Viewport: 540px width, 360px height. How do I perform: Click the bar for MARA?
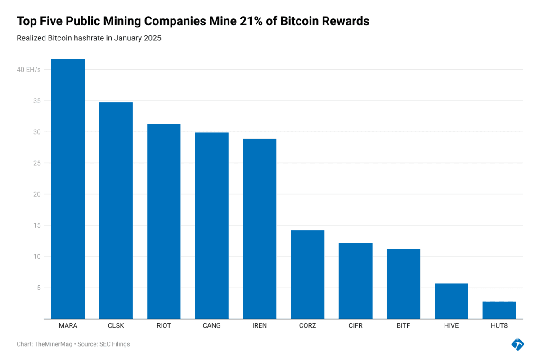point(68,189)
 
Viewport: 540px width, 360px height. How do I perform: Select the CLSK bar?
point(116,210)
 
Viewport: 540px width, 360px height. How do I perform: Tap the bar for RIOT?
point(164,221)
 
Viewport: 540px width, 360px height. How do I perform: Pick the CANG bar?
point(211,225)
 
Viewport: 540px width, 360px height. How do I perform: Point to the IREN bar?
point(260,229)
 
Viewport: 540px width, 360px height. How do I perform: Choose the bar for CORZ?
point(307,274)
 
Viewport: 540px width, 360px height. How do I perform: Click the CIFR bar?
point(355,281)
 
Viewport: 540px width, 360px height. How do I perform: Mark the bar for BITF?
point(403,284)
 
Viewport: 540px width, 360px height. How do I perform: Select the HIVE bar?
point(451,301)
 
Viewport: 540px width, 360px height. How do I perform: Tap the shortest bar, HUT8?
point(499,310)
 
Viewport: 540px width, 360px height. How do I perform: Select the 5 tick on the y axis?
point(39,288)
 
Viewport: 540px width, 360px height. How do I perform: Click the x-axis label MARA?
point(68,326)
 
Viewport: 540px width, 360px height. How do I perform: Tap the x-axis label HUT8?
point(499,326)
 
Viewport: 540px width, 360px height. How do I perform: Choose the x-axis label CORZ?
point(307,326)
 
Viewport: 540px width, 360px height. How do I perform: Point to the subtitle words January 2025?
point(138,38)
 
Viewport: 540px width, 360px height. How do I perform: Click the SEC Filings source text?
point(114,344)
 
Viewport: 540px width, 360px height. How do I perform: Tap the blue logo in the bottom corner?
point(517,344)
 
